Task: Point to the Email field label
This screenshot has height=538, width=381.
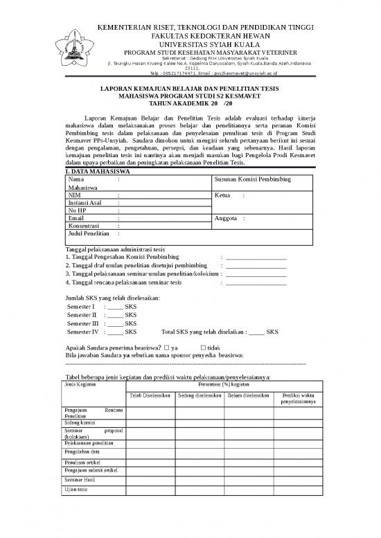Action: [76, 218]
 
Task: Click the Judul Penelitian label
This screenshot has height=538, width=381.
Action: [89, 234]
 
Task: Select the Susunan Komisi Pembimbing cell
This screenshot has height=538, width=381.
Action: [254, 180]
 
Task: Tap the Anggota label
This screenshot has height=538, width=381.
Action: [228, 219]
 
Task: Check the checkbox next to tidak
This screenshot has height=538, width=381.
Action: [203, 347]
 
